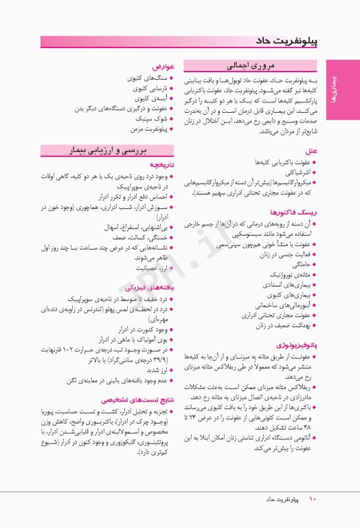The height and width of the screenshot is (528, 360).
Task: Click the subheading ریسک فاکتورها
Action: [292, 212]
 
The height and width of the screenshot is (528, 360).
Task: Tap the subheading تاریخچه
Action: [156, 165]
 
